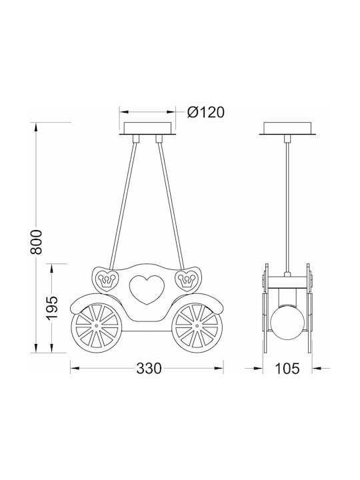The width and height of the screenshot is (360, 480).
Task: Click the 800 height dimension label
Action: coord(36,242)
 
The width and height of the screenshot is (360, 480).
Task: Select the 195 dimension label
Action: coord(52,308)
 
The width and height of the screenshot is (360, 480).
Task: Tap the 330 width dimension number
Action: coord(149,368)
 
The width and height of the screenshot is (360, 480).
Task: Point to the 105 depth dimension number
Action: coord(287,368)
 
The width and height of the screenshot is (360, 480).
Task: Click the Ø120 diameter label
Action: coord(206,113)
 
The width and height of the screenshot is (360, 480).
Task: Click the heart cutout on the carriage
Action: coord(147,289)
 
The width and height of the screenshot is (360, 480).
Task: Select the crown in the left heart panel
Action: coord(107,280)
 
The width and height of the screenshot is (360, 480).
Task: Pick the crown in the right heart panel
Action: coord(187,280)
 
